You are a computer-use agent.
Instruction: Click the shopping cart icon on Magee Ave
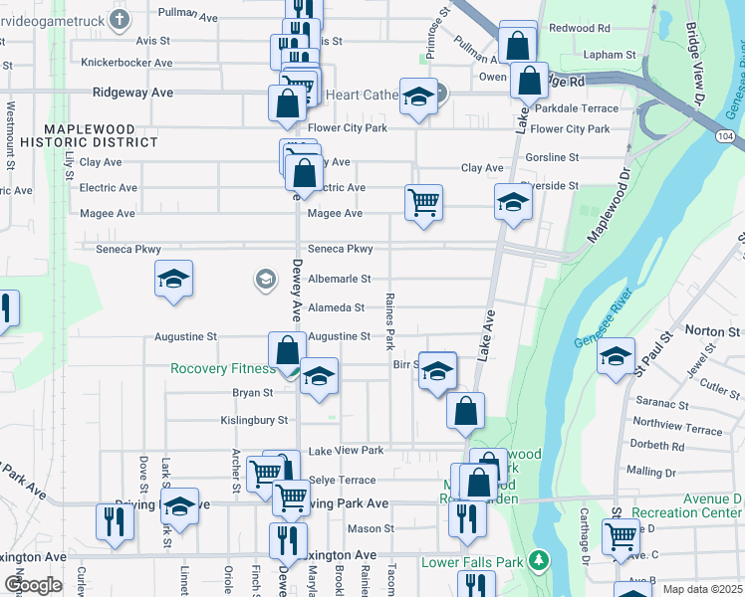423,203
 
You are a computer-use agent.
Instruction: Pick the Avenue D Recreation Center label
698,504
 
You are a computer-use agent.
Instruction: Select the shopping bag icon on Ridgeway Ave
287,102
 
